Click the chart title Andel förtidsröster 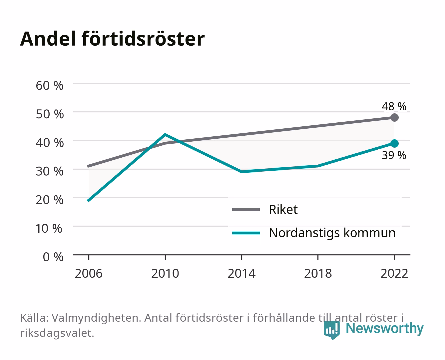[x=112, y=39]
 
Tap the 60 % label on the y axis [x=50, y=86]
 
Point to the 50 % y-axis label [x=50, y=114]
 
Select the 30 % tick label [x=50, y=171]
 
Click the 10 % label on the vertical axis [x=49, y=228]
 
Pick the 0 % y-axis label [x=53, y=257]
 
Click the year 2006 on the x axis [x=89, y=273]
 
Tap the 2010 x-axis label [x=165, y=273]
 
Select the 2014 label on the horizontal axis [x=241, y=273]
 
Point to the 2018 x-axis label [x=318, y=273]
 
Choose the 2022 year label [x=394, y=273]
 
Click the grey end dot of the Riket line [x=394, y=117]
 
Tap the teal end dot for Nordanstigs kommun [x=394, y=143]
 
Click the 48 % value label [x=394, y=106]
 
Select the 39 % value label [x=394, y=155]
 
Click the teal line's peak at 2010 [x=165, y=134]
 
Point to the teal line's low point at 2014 [x=241, y=172]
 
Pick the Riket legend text [x=283, y=209]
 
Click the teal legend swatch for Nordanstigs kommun [x=246, y=233]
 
